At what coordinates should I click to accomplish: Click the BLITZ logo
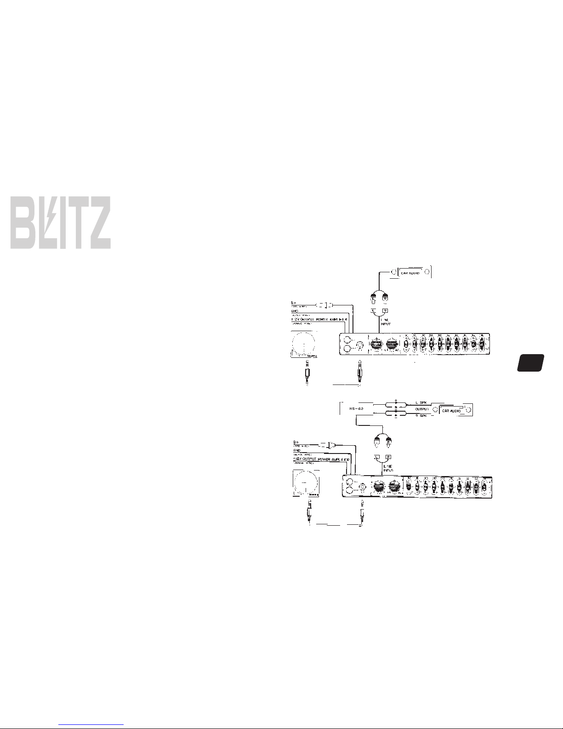point(60,223)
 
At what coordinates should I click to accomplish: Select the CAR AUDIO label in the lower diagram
point(451,410)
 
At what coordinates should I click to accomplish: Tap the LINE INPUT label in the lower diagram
point(388,469)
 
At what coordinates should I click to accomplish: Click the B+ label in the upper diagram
point(294,303)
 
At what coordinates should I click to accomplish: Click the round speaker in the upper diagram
point(304,343)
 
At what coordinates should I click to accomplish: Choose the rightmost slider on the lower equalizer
point(484,488)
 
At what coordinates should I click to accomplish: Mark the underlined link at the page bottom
point(92,724)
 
